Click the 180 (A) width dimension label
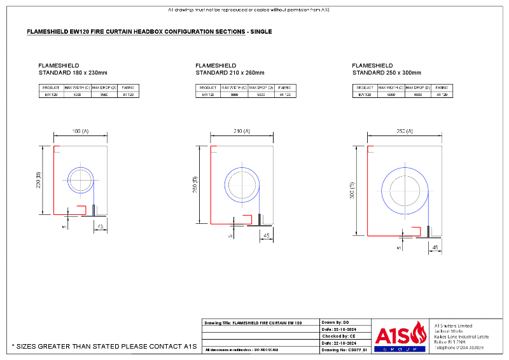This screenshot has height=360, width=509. pyautogui.click(x=80, y=131)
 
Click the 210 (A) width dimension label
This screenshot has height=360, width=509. pyautogui.click(x=238, y=131)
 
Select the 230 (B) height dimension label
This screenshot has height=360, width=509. pyautogui.click(x=39, y=181)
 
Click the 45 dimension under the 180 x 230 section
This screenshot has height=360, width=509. pyautogui.click(x=100, y=226)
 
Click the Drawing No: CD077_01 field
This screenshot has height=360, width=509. pyautogui.click(x=344, y=350)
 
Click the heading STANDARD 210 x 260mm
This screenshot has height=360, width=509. pyautogui.click(x=230, y=73)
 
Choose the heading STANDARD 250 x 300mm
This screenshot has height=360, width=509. pyautogui.click(x=386, y=73)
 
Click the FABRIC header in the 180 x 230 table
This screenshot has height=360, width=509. pyautogui.click(x=128, y=87)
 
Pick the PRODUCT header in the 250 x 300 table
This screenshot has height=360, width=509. pyautogui.click(x=365, y=87)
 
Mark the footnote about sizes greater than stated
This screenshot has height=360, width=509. pyautogui.click(x=104, y=347)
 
